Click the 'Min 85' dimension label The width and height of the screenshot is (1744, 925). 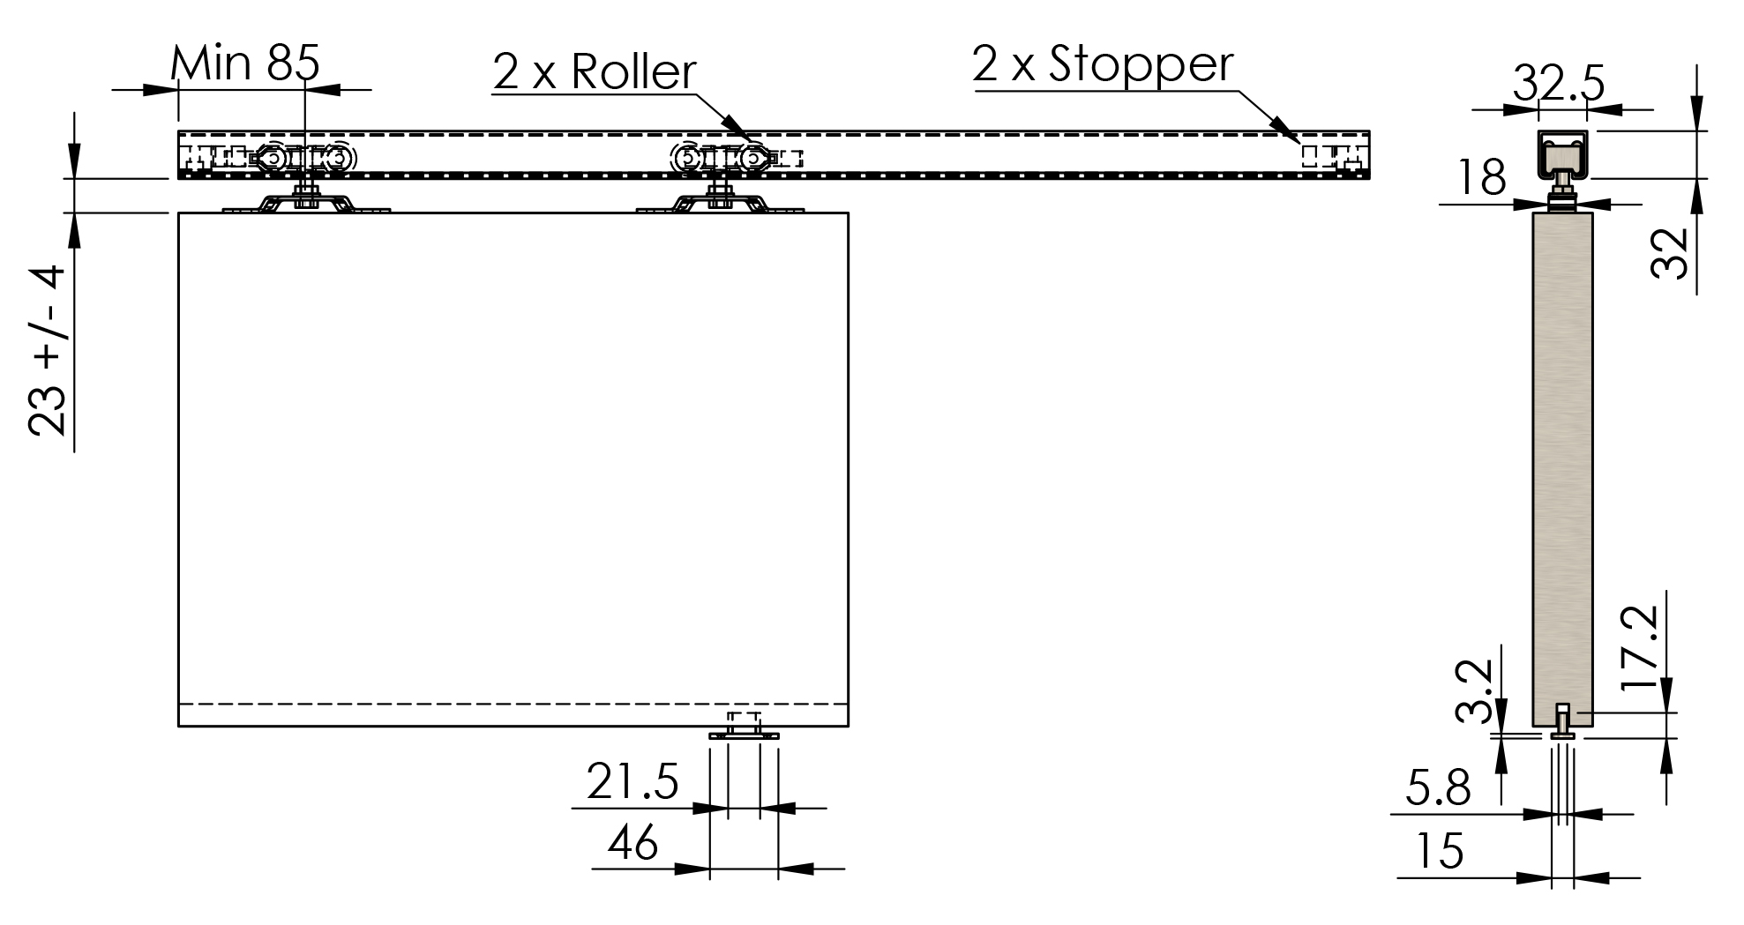tap(244, 63)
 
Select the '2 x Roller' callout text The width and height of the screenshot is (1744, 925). tap(595, 71)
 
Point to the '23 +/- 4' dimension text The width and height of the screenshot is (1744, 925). tap(47, 351)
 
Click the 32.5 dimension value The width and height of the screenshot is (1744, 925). tap(1559, 85)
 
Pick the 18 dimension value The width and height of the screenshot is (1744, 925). tap(1482, 177)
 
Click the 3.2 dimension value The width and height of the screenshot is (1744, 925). tap(1474, 692)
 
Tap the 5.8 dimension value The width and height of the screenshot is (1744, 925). tap(1438, 787)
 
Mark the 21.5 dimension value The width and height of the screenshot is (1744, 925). tap(632, 781)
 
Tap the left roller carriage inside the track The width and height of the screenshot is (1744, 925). tap(303, 159)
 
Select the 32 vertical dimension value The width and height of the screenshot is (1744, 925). tap(1669, 254)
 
